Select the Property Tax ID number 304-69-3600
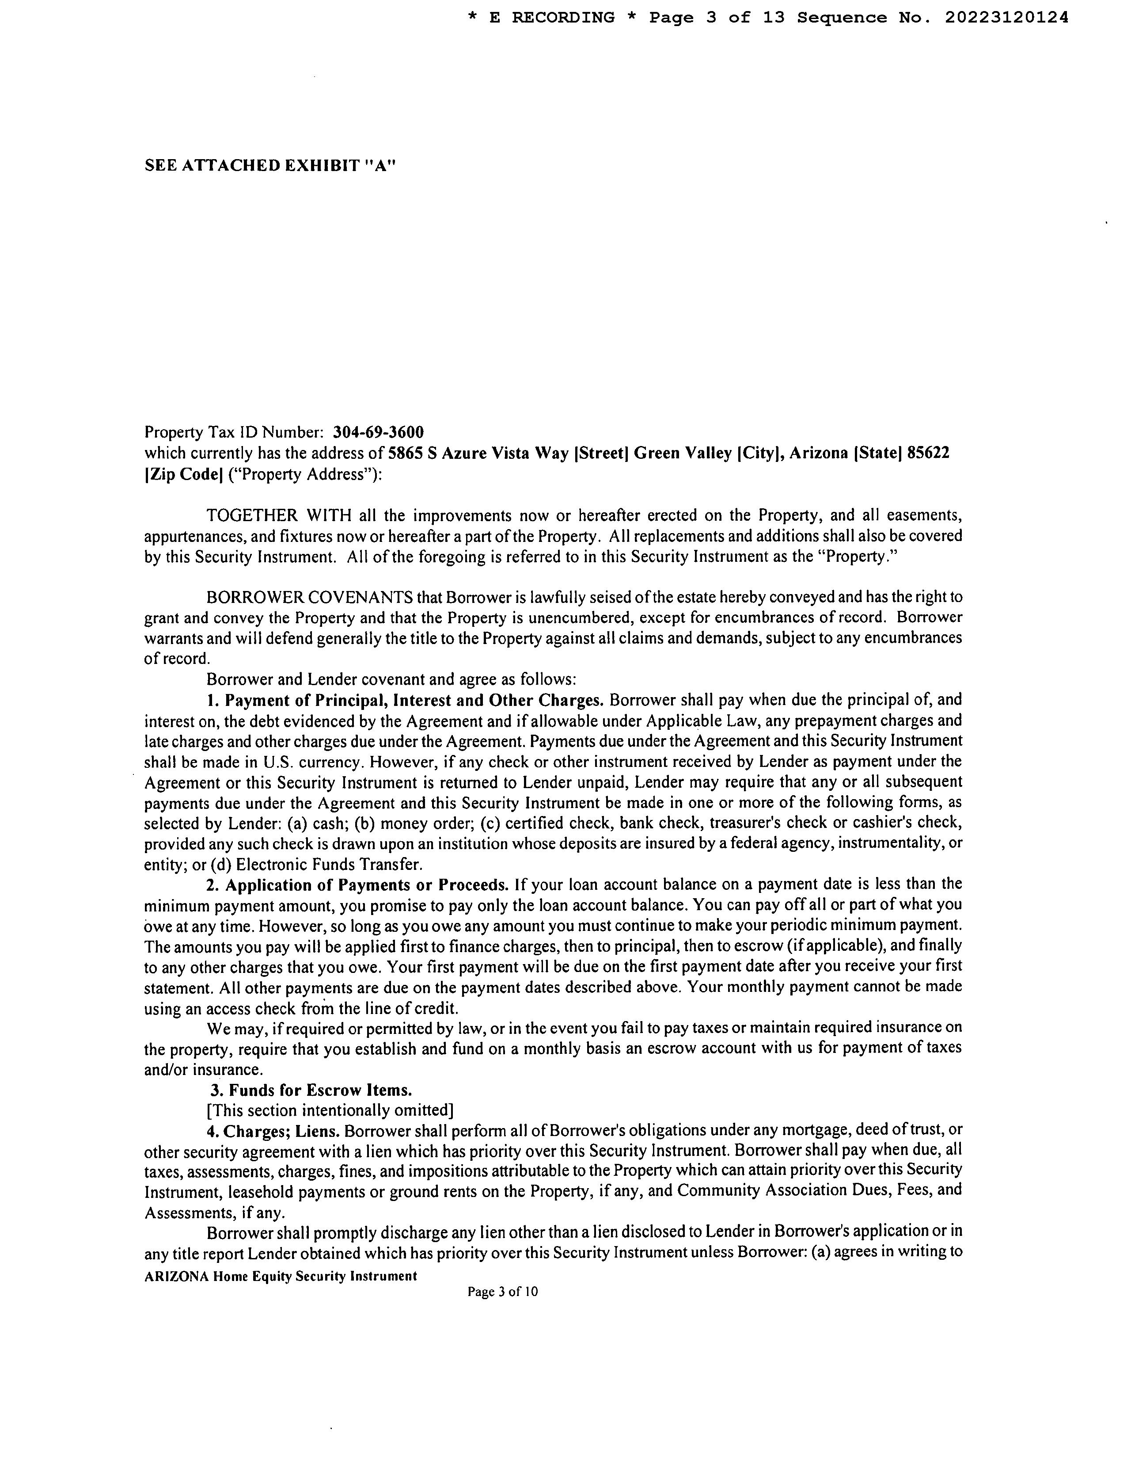(x=379, y=432)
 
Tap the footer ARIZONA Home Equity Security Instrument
(x=281, y=1276)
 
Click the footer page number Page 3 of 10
(x=502, y=1292)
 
